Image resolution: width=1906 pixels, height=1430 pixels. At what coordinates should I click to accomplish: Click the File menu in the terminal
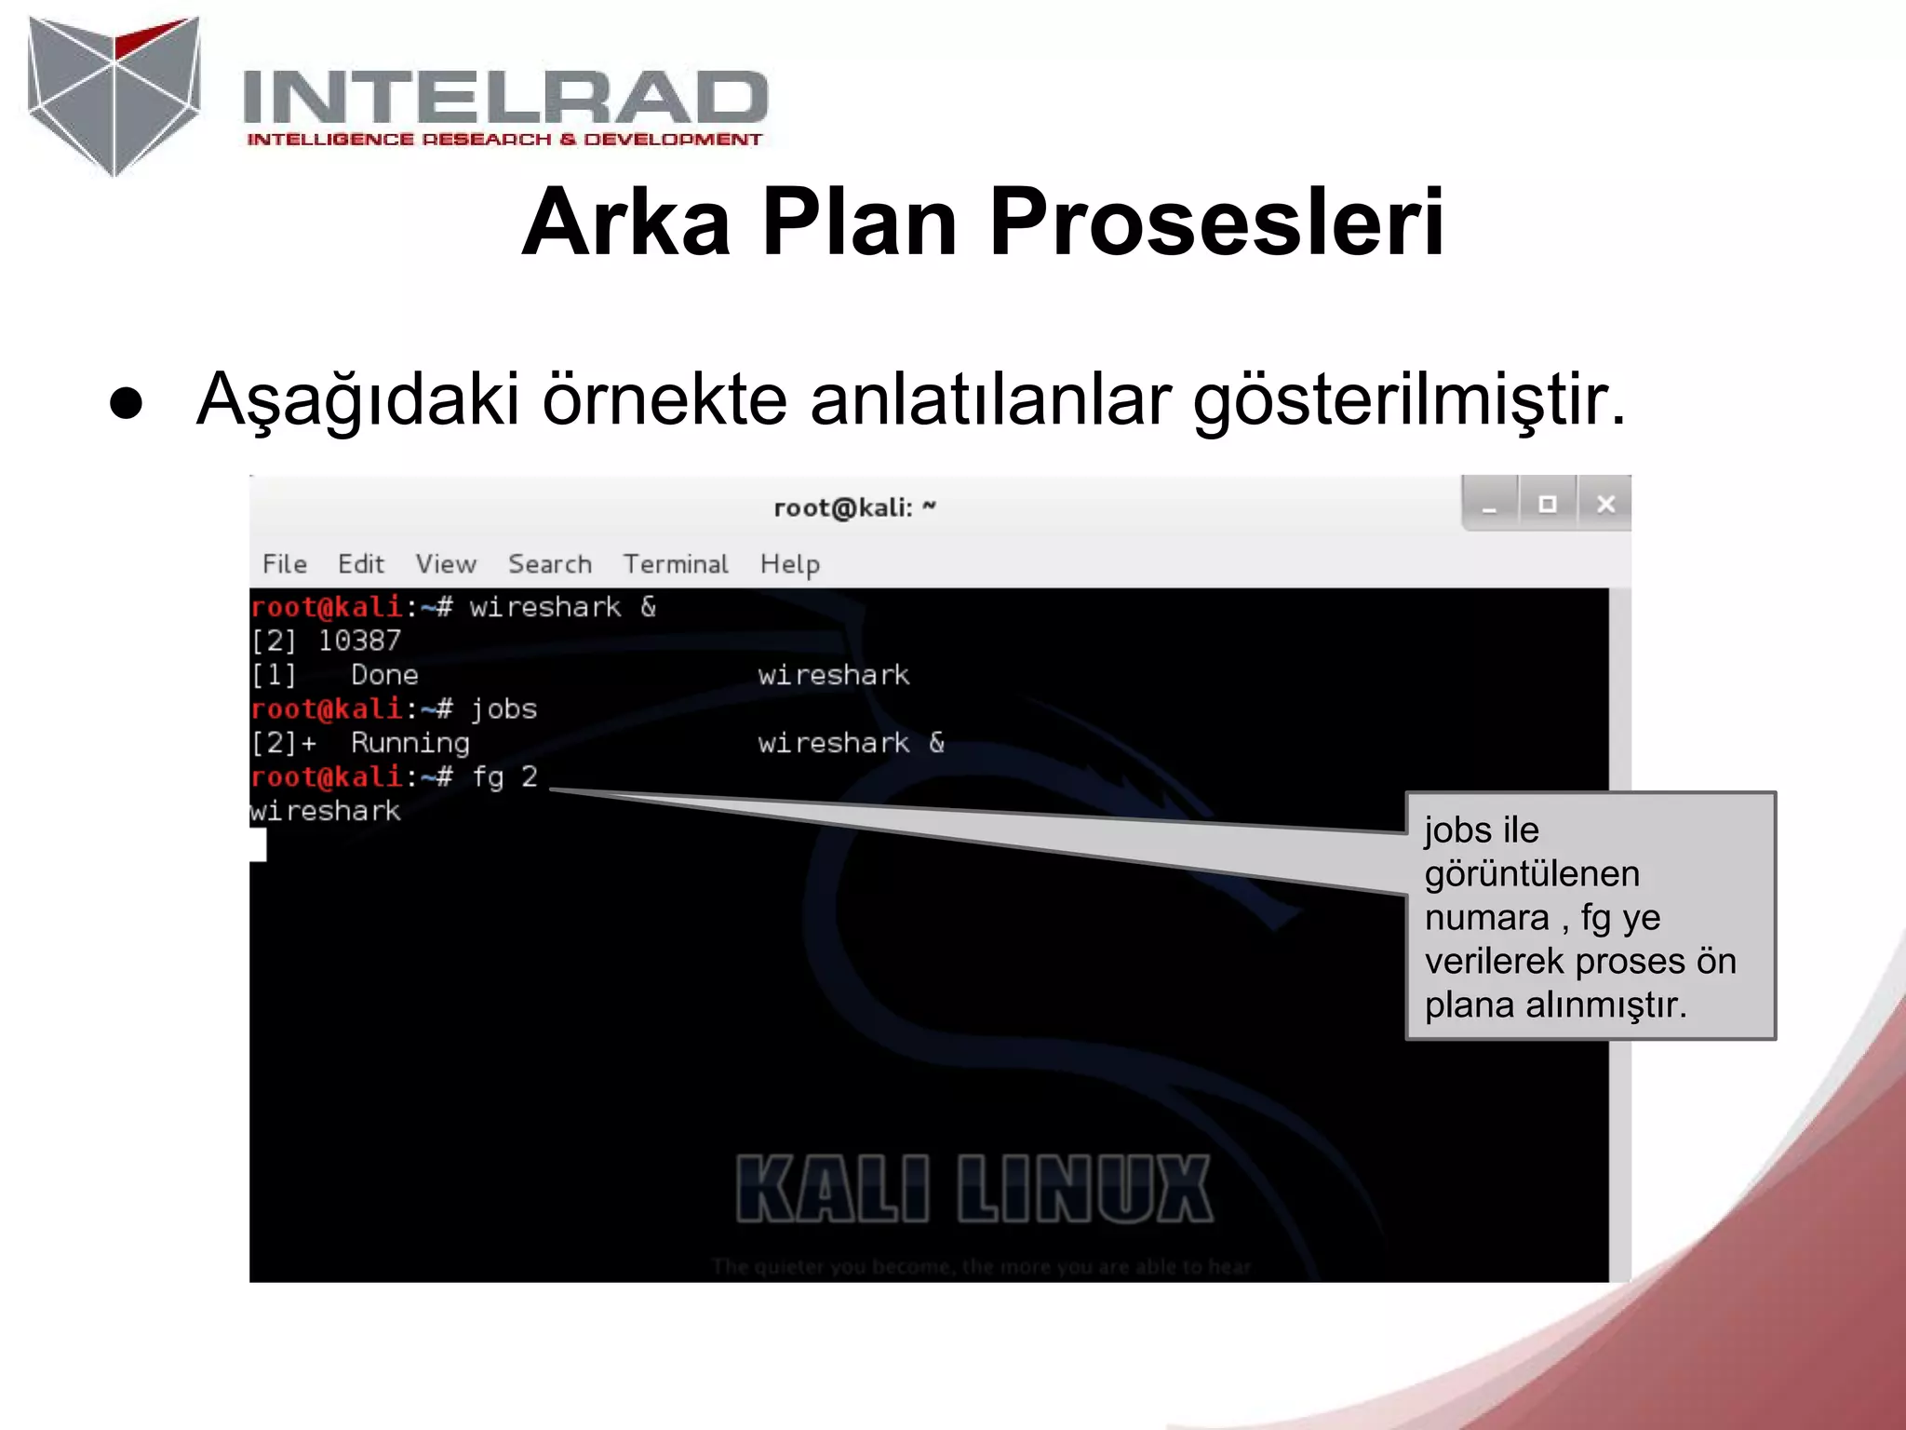coord(284,564)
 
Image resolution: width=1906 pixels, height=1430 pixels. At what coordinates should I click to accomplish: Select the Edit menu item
coord(360,564)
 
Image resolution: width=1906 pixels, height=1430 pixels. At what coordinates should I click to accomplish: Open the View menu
coord(446,564)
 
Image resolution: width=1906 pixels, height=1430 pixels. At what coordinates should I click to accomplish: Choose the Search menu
coord(549,564)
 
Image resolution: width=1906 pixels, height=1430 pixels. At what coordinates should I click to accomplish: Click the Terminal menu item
coord(676,564)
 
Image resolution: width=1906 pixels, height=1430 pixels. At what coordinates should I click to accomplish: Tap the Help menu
coord(789,564)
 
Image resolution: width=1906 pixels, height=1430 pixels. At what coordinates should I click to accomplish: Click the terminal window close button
coord(1605,505)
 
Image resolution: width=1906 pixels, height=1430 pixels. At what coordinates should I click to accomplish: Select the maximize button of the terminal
coord(1547,505)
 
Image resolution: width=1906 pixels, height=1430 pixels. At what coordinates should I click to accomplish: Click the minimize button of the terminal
coord(1489,505)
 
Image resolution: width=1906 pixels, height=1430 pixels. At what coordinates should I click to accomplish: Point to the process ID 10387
coord(359,641)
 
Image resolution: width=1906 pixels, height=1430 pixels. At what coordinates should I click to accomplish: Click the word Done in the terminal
coord(384,675)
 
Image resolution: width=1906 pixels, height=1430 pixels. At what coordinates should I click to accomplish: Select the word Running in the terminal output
coord(409,743)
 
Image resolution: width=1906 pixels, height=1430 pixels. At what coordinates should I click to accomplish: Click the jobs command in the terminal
coord(503,709)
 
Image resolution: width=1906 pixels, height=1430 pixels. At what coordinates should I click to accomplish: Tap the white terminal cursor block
coord(258,844)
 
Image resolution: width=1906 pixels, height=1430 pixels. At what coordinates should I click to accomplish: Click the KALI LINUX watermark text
coord(973,1189)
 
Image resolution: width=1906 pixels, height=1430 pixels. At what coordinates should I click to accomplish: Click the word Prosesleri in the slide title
coord(1216,223)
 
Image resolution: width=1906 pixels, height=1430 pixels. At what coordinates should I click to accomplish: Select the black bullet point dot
coord(126,404)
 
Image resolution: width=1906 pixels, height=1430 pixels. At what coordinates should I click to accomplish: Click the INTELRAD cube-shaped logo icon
coord(114,95)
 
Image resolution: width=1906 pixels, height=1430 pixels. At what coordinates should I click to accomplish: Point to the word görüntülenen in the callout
coord(1532,874)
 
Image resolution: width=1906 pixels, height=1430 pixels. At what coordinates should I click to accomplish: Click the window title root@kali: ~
coord(853,508)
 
